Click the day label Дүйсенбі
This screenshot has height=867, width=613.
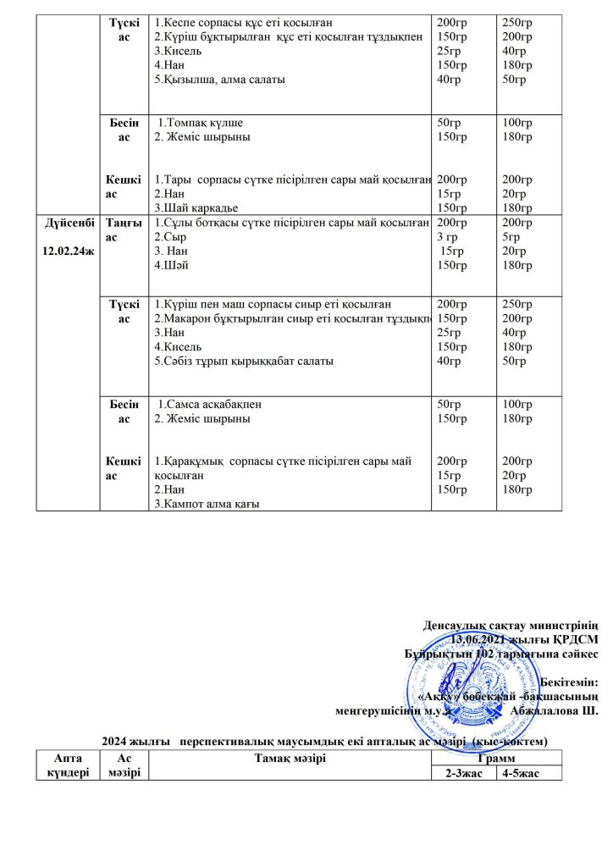70,222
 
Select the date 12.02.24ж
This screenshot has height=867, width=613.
70,251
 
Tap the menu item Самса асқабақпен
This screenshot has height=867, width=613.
204,404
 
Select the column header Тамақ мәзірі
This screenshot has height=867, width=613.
290,759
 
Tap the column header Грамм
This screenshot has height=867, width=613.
496,759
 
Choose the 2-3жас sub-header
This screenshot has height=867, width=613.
464,773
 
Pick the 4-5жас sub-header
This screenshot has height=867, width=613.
528,773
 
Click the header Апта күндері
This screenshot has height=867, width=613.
68,765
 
